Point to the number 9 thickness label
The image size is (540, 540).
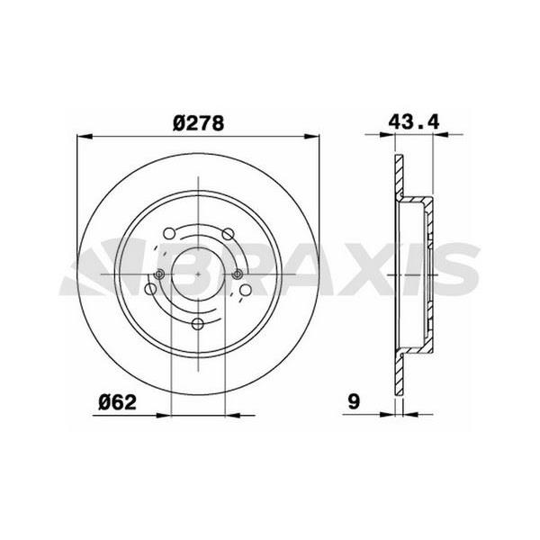click(x=356, y=402)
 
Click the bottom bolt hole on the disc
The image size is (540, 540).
click(x=198, y=325)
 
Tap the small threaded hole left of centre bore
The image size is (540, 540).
click(x=159, y=275)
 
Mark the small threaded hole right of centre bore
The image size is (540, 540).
click(x=237, y=275)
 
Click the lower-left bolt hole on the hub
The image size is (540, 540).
click(x=149, y=290)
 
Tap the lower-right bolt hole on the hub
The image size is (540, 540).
click(x=247, y=290)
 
